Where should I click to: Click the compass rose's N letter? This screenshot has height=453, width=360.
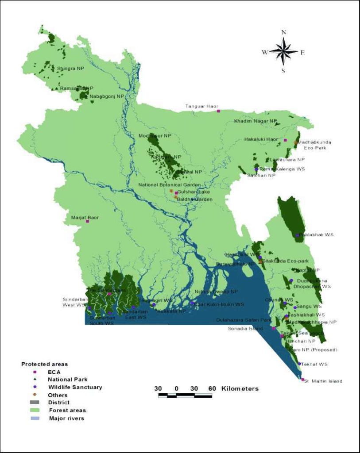[x=284, y=32]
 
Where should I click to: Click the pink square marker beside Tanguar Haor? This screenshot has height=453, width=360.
[x=218, y=111]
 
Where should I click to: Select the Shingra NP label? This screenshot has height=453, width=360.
[x=70, y=69]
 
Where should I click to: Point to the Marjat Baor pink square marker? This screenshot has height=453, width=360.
[x=87, y=221]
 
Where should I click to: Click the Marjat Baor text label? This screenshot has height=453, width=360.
[x=85, y=217]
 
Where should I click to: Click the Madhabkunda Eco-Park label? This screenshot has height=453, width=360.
[x=314, y=145]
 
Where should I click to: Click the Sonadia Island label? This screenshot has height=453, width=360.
[x=245, y=329]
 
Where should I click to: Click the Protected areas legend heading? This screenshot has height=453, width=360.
[x=44, y=364]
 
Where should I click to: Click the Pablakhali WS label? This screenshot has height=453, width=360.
[x=316, y=235]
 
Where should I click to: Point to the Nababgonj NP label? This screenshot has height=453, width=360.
[x=107, y=96]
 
